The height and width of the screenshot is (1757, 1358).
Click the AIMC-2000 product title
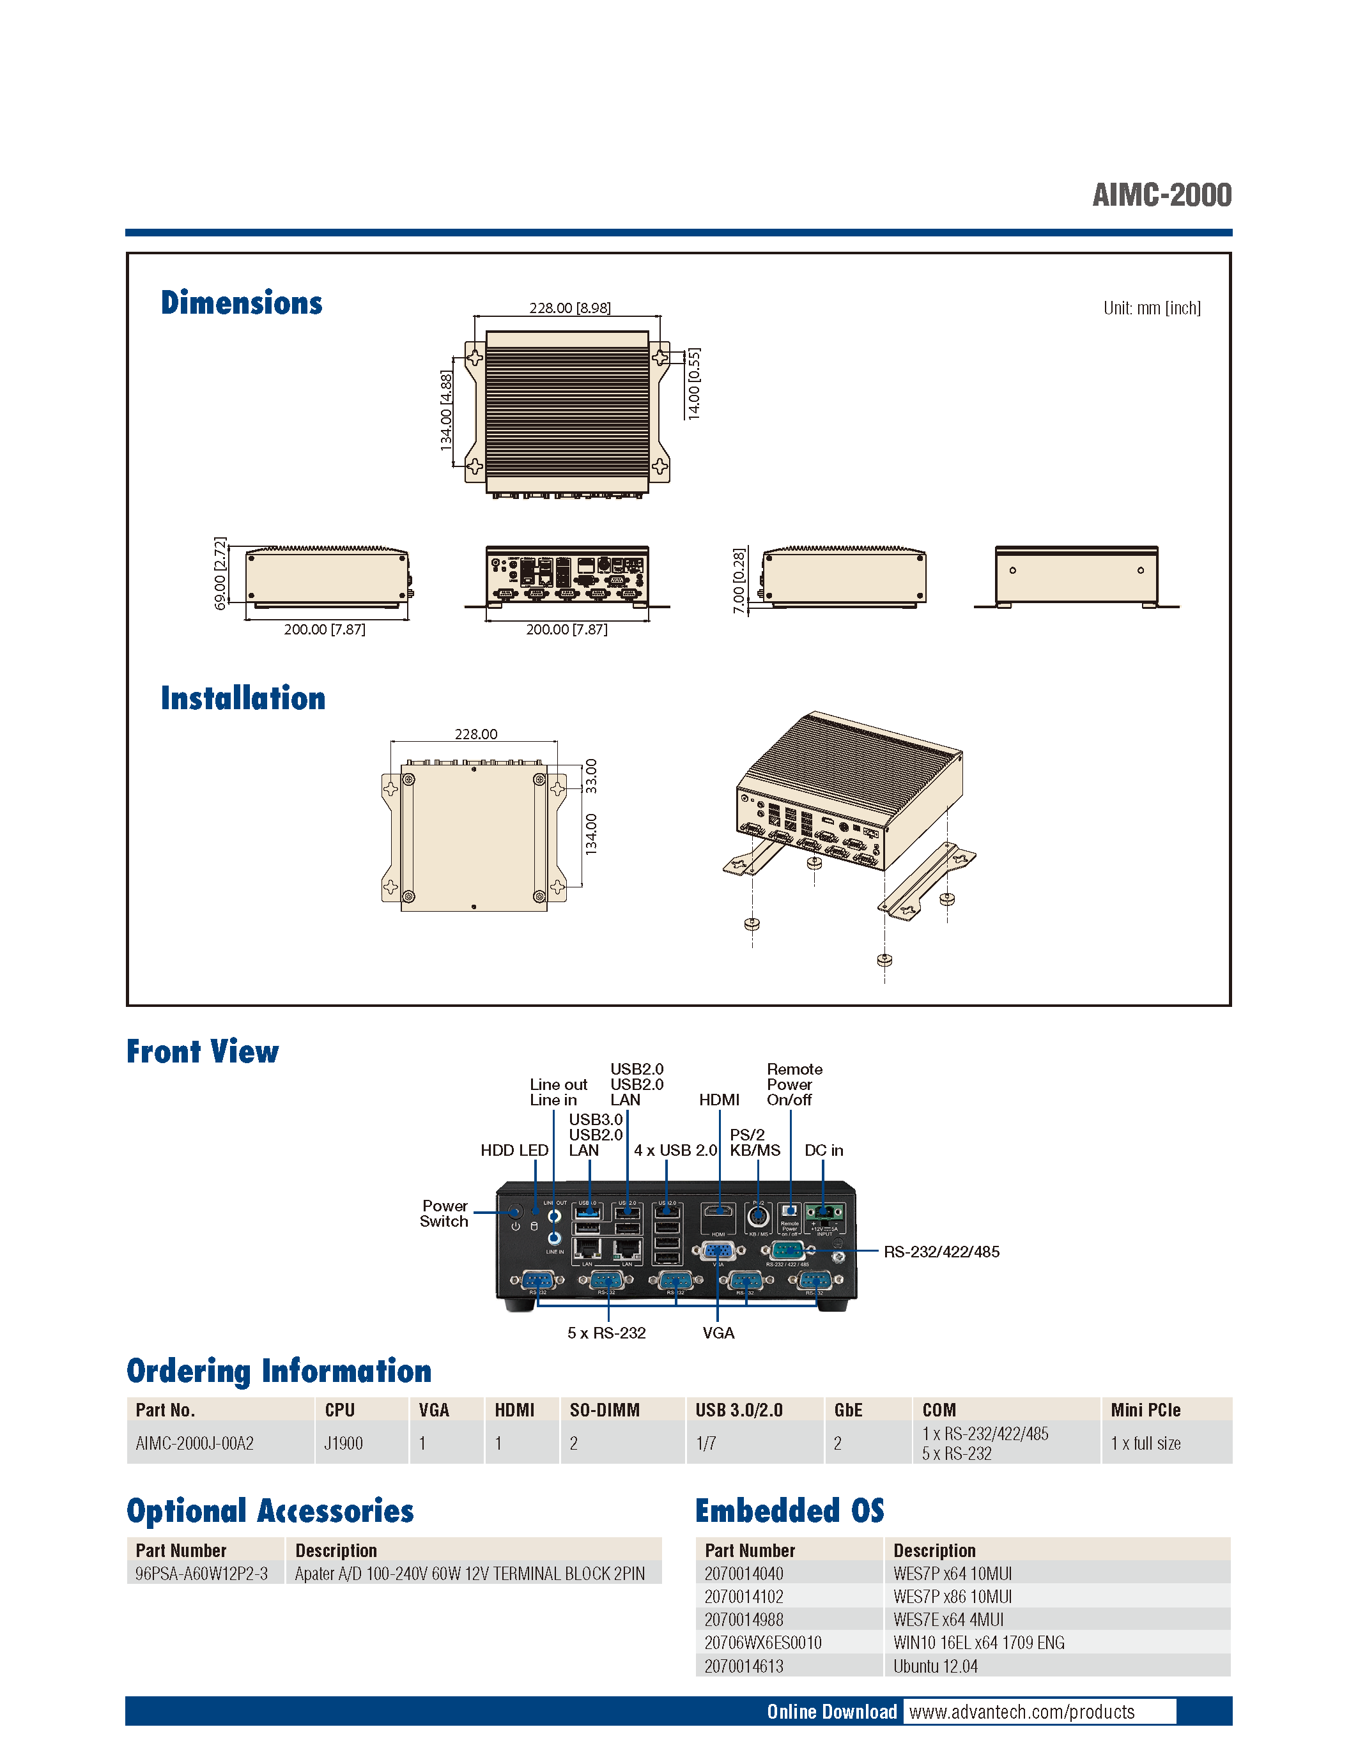point(1161,195)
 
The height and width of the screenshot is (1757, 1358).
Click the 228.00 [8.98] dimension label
point(569,308)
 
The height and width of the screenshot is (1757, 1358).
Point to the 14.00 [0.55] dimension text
point(693,384)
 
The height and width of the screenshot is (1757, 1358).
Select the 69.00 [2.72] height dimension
point(220,573)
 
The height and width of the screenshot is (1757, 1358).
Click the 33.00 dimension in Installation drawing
point(591,776)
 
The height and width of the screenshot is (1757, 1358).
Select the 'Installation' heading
point(243,698)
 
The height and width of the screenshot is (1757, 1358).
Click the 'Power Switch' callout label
point(444,1213)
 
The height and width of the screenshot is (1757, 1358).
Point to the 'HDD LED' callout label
point(514,1151)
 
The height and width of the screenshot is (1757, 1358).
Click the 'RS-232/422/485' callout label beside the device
point(941,1252)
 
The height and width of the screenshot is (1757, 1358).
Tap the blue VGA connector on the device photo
point(718,1251)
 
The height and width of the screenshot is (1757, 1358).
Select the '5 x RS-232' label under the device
point(606,1333)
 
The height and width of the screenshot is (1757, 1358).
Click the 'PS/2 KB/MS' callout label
point(755,1142)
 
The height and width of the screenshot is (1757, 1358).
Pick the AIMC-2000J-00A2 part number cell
point(195,1443)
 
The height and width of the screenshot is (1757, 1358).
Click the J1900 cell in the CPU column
point(344,1443)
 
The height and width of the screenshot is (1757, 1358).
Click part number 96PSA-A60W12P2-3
point(201,1574)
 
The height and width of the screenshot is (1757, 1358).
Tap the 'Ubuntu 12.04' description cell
point(935,1666)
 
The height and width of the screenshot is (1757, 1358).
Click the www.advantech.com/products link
point(1022,1712)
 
